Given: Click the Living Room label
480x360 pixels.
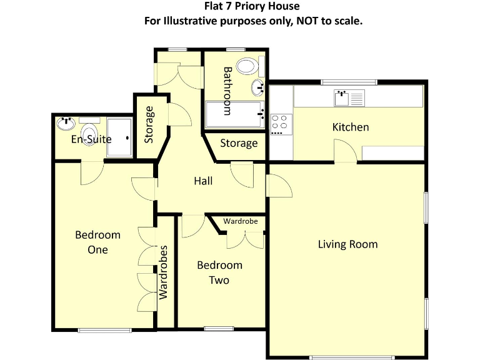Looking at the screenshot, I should [347, 244].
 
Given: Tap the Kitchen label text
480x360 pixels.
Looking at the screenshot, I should [350, 127].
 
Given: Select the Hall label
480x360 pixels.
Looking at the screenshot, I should [202, 181].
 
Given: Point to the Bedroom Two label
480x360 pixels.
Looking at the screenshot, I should [219, 272].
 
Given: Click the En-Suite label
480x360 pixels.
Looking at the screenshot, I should [91, 139].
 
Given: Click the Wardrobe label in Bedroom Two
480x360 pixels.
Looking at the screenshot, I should [241, 221].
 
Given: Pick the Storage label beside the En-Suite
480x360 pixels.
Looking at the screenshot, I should [149, 124].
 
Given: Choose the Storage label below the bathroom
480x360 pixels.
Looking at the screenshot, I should [239, 143].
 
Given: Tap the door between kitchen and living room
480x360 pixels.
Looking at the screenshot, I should [346, 152].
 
